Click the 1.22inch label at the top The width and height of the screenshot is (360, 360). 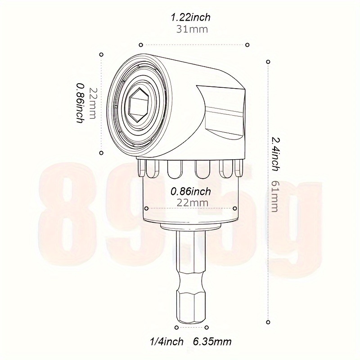tap(190, 18)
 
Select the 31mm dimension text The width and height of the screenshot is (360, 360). tap(190, 29)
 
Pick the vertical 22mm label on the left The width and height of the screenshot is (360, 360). tap(92, 103)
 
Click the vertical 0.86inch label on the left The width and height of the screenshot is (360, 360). tap(81, 103)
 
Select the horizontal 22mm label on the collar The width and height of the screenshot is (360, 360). tap(192, 202)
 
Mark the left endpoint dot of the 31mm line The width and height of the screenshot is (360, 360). tap(141, 45)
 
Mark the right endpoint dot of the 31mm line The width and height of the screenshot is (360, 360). tap(247, 45)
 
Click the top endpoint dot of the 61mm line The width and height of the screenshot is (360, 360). tap(268, 61)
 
